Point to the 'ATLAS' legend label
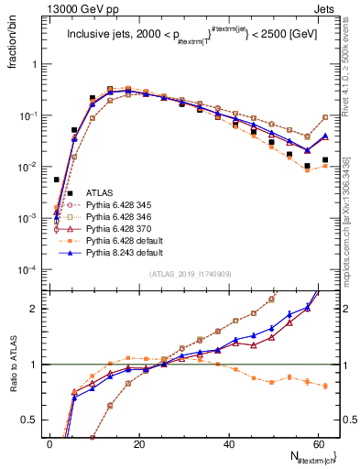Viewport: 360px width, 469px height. point(100,192)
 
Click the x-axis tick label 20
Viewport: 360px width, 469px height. point(139,444)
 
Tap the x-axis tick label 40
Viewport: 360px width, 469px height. point(229,444)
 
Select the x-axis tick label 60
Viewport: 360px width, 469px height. point(319,444)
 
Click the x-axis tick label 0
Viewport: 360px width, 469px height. point(49,444)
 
